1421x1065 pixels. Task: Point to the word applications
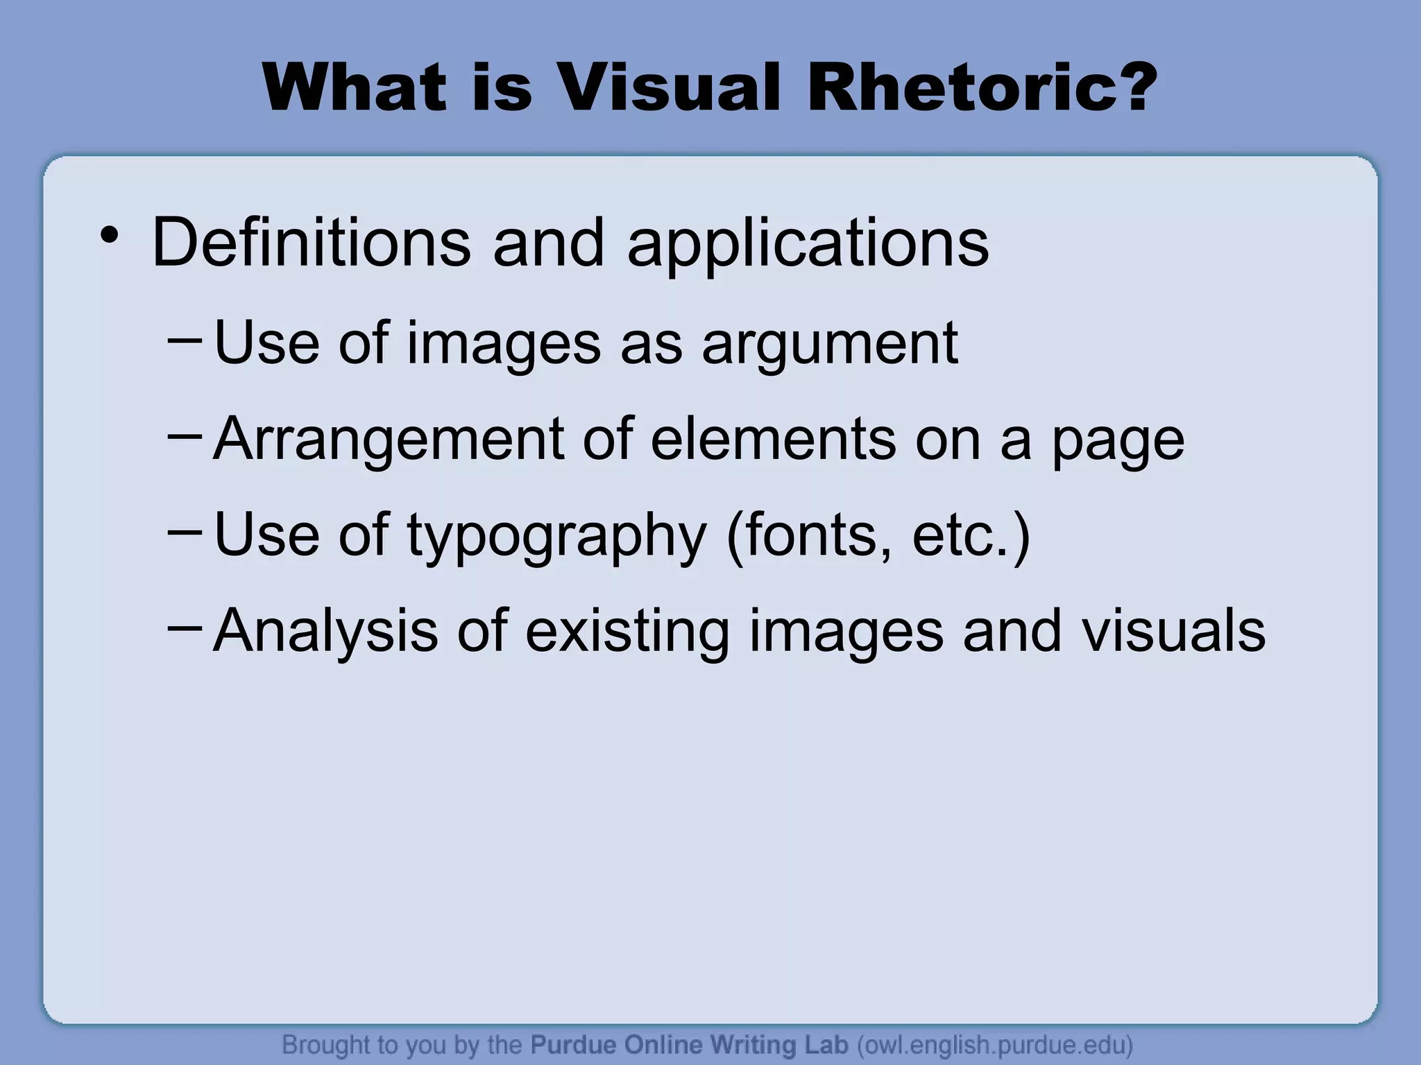(x=808, y=244)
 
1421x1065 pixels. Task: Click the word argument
(x=830, y=345)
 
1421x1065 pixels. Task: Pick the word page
(x=1118, y=442)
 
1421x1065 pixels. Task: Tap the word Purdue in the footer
(x=574, y=1044)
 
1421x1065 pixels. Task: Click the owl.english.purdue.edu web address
(x=995, y=1045)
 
